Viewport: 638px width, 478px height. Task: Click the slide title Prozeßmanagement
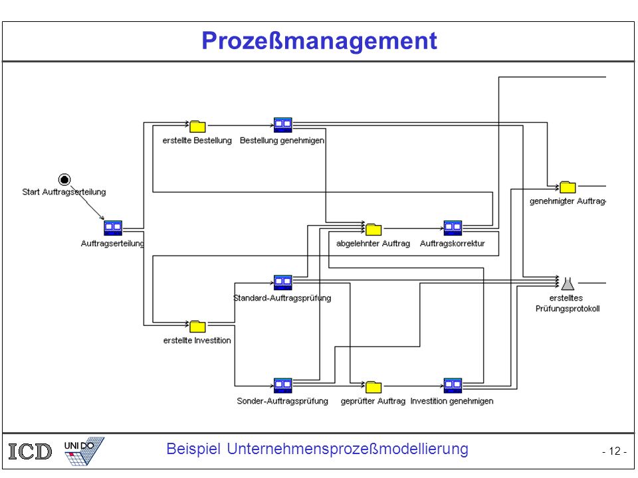[319, 41]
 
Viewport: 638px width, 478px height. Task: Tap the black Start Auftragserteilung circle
[64, 179]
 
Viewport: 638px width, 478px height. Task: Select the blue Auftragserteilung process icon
[113, 228]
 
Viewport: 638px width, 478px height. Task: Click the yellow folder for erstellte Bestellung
[197, 126]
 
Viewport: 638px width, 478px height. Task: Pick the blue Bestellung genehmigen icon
[283, 125]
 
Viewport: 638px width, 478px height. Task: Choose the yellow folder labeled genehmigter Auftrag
[568, 187]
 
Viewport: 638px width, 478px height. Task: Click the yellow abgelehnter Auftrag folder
[373, 230]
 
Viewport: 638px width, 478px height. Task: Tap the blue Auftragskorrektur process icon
[453, 228]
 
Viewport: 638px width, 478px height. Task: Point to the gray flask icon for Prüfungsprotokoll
[568, 283]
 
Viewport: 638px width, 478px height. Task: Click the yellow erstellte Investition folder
[197, 327]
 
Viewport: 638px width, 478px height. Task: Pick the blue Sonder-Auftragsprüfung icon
[283, 386]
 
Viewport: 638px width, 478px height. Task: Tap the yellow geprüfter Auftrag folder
[373, 387]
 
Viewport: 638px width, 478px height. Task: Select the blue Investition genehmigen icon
[453, 386]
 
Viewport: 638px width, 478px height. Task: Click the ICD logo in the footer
[30, 451]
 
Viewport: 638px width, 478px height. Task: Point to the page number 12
[614, 451]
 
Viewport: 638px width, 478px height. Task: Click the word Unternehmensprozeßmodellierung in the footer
[348, 449]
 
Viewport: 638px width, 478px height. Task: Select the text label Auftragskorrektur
[453, 244]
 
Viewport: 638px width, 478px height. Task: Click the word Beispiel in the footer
[193, 449]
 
